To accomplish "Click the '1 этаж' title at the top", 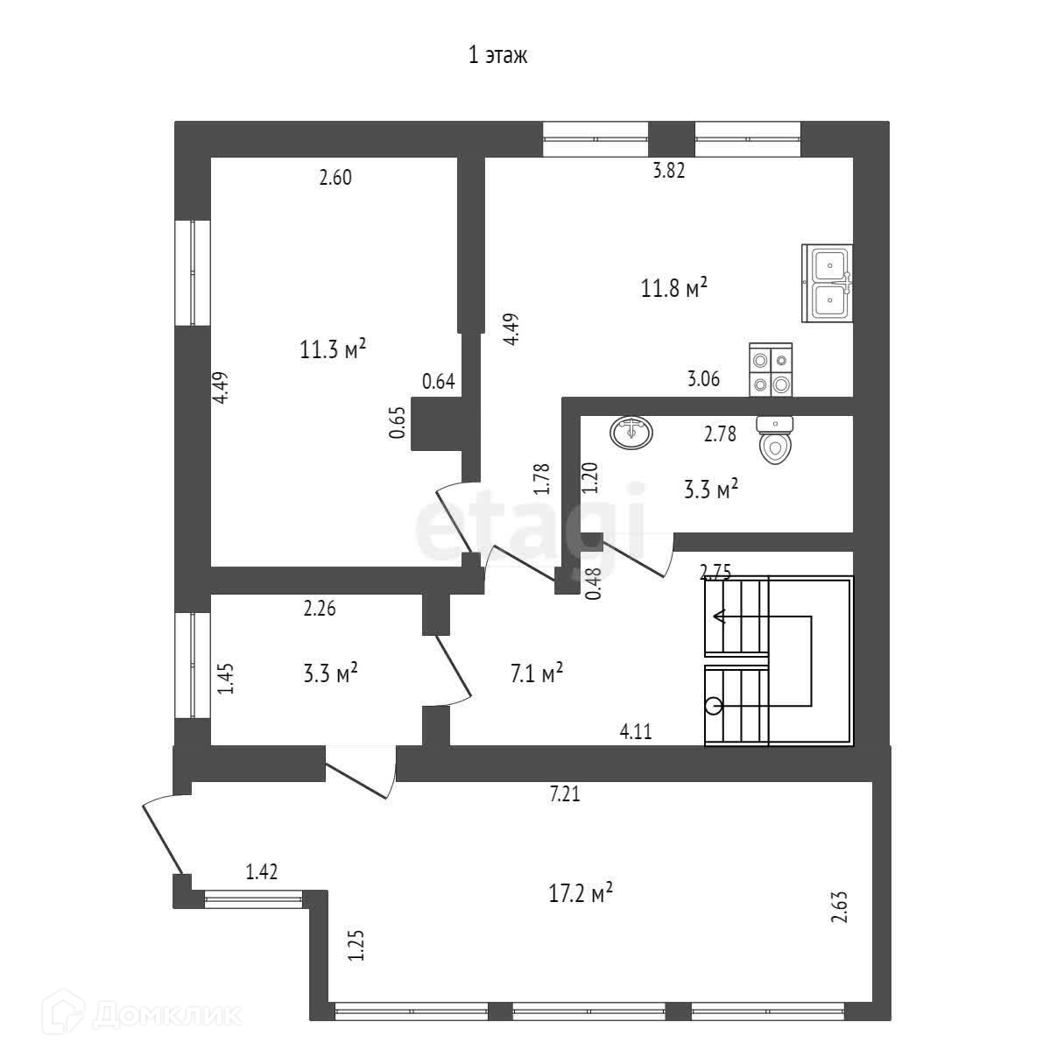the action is click(498, 57).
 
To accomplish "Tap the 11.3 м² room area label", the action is click(333, 350).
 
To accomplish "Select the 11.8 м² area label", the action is click(674, 288).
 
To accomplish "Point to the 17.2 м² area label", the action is click(580, 894).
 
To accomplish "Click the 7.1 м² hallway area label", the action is click(535, 674).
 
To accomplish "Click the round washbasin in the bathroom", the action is click(631, 433).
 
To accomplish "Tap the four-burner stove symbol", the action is click(771, 371).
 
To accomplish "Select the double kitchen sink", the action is click(828, 283).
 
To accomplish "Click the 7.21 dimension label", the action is click(565, 795).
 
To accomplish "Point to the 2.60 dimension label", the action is click(335, 178).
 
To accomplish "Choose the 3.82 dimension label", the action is click(669, 171).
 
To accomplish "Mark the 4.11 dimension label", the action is click(636, 732).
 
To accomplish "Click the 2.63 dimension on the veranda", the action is click(840, 908).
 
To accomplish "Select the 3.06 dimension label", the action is click(703, 379).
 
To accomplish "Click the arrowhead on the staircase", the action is click(719, 617).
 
